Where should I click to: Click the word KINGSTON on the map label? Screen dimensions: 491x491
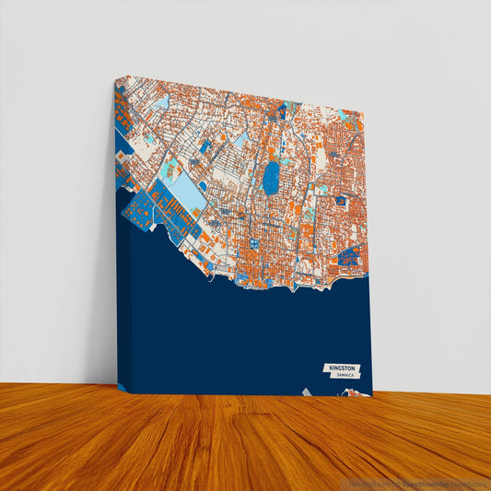coord(338,368)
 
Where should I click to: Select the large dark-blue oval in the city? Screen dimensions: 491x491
coord(271,179)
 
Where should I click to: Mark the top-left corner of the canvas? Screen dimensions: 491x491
coord(121,78)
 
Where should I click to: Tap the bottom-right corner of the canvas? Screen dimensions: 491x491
coord(371,396)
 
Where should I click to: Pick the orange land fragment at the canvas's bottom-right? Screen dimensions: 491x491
coord(354,393)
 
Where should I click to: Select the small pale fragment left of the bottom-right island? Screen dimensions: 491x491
coord(307,392)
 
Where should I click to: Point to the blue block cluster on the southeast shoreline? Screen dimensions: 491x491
coord(350,257)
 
